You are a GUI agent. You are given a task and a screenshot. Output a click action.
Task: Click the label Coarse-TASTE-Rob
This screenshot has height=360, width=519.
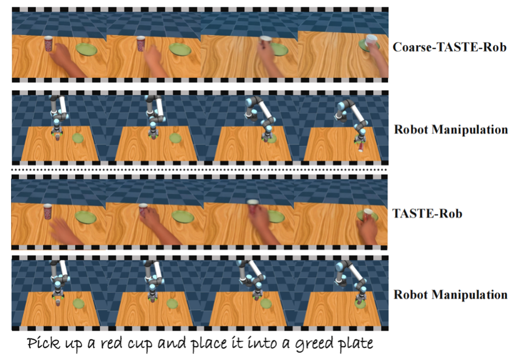click(450, 47)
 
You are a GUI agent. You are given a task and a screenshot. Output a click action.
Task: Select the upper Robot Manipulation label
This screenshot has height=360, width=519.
click(451, 129)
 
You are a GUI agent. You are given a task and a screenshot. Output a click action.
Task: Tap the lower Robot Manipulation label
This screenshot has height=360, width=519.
click(451, 295)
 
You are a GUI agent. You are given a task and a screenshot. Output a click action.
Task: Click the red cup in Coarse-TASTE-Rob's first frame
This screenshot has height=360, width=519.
click(49, 44)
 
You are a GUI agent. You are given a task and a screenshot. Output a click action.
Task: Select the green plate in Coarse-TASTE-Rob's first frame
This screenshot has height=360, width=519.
click(87, 50)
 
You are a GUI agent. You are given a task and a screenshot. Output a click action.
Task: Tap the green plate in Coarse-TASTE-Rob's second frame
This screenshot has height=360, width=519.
click(180, 49)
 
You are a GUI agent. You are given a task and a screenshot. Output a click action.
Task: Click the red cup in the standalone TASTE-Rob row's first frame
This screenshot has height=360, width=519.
click(48, 212)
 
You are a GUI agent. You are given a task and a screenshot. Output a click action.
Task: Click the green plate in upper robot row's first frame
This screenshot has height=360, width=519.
click(78, 138)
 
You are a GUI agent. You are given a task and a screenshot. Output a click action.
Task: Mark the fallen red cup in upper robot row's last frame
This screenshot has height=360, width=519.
click(361, 149)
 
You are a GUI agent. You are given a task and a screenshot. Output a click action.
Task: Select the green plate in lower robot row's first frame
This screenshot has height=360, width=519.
click(78, 303)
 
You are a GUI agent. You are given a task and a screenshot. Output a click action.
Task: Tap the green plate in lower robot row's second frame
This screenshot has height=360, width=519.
click(172, 303)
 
